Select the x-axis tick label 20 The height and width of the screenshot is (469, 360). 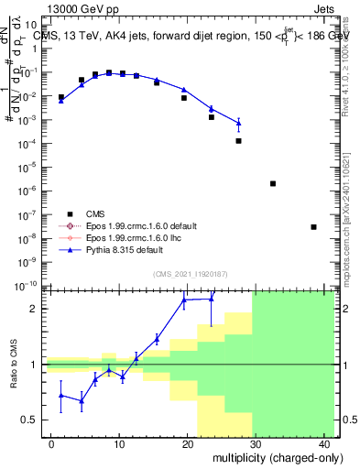coord(188,444)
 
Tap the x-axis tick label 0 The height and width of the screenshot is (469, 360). coord(52,444)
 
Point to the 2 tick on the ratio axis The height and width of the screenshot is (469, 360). coord(35,309)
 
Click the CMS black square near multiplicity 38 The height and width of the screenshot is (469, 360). coord(313,227)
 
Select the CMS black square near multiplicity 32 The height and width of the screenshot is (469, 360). coord(273,183)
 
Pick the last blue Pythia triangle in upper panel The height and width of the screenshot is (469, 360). coord(238,123)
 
